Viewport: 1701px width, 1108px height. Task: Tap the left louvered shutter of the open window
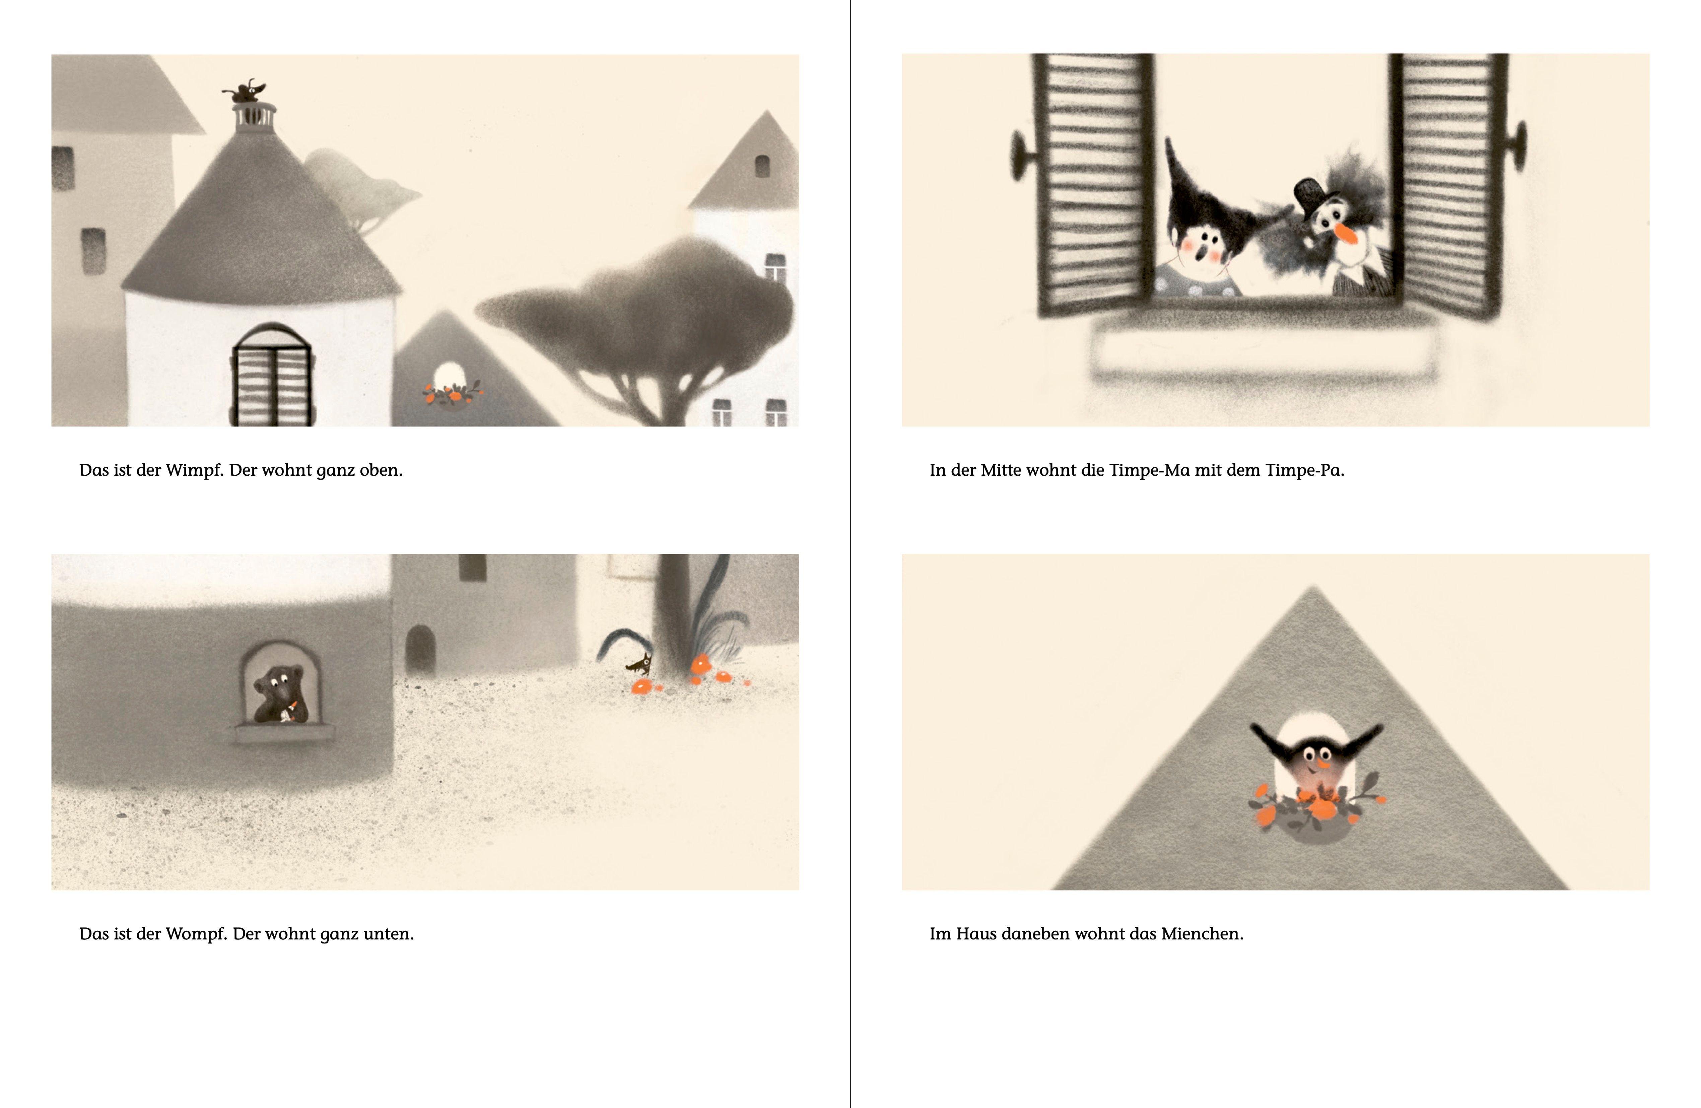pos(1093,184)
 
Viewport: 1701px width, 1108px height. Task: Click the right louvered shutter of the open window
pos(1447,184)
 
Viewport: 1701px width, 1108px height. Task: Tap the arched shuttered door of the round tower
pos(272,375)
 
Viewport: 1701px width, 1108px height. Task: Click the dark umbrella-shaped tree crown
pos(636,300)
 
